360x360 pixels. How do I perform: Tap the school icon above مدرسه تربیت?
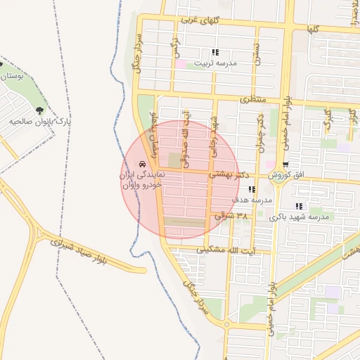[215, 52]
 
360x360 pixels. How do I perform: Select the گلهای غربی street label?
[200, 21]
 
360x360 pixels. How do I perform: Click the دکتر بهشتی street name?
[235, 173]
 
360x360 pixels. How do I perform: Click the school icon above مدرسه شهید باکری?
[299, 207]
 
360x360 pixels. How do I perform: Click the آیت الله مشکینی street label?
[226, 249]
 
